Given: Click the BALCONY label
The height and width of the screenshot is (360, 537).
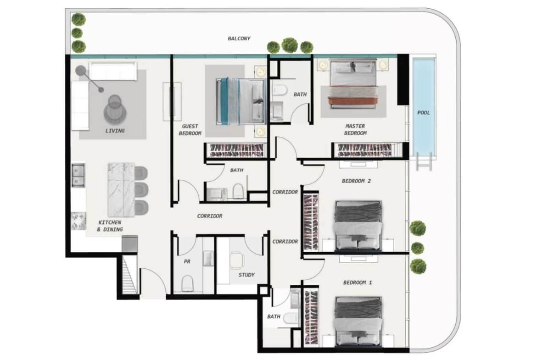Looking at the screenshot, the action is click(x=239, y=39).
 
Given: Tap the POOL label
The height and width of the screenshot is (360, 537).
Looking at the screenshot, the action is click(x=423, y=112).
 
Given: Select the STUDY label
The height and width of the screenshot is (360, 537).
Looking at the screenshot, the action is click(x=246, y=275).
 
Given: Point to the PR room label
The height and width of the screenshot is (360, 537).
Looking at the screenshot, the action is click(x=187, y=261).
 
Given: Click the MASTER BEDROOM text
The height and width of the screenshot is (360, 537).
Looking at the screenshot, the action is click(x=355, y=130).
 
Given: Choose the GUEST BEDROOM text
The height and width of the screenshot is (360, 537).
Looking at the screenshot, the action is click(x=190, y=130).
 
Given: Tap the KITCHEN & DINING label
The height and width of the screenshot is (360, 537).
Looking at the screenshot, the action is click(x=110, y=226).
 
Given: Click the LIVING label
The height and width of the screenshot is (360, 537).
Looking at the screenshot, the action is click(x=115, y=131).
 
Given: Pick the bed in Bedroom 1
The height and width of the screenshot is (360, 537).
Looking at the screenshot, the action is click(x=358, y=321).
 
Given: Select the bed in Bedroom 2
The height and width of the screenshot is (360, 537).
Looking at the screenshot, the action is click(x=358, y=226).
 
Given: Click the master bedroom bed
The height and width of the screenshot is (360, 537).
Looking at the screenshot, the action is click(x=353, y=84).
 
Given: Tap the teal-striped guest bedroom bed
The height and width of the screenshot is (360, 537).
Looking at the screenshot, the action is click(x=241, y=101).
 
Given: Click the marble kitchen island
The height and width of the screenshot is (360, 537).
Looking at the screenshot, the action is click(x=121, y=189).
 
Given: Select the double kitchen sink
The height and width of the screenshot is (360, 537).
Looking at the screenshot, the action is click(x=78, y=175).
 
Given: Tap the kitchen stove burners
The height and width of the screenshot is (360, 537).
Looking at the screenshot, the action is click(x=78, y=221).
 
